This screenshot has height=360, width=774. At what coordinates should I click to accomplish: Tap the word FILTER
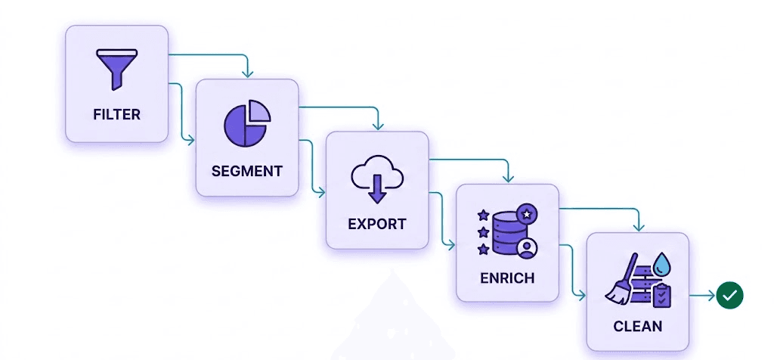tap(116, 115)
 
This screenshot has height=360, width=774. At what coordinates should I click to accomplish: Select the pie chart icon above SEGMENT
tap(246, 123)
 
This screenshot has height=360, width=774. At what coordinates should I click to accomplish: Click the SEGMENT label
tap(246, 171)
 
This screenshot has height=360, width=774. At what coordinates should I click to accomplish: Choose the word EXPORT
tap(376, 224)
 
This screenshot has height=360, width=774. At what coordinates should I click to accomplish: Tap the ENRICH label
tap(507, 278)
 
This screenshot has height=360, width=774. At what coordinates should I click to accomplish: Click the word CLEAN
tap(638, 327)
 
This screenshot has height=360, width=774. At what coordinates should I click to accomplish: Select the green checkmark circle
tap(729, 296)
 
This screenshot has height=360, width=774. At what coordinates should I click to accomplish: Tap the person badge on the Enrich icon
tap(528, 247)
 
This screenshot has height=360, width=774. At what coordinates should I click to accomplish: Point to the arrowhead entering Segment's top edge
tap(246, 73)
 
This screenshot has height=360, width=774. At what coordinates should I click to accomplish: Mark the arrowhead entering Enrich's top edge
tap(507, 179)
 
